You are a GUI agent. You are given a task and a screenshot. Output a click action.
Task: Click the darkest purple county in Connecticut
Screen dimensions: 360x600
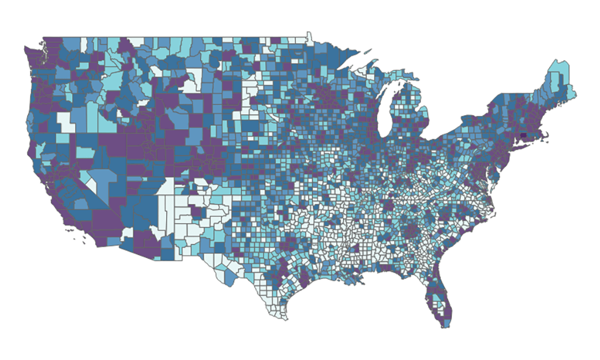[x=523, y=136]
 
